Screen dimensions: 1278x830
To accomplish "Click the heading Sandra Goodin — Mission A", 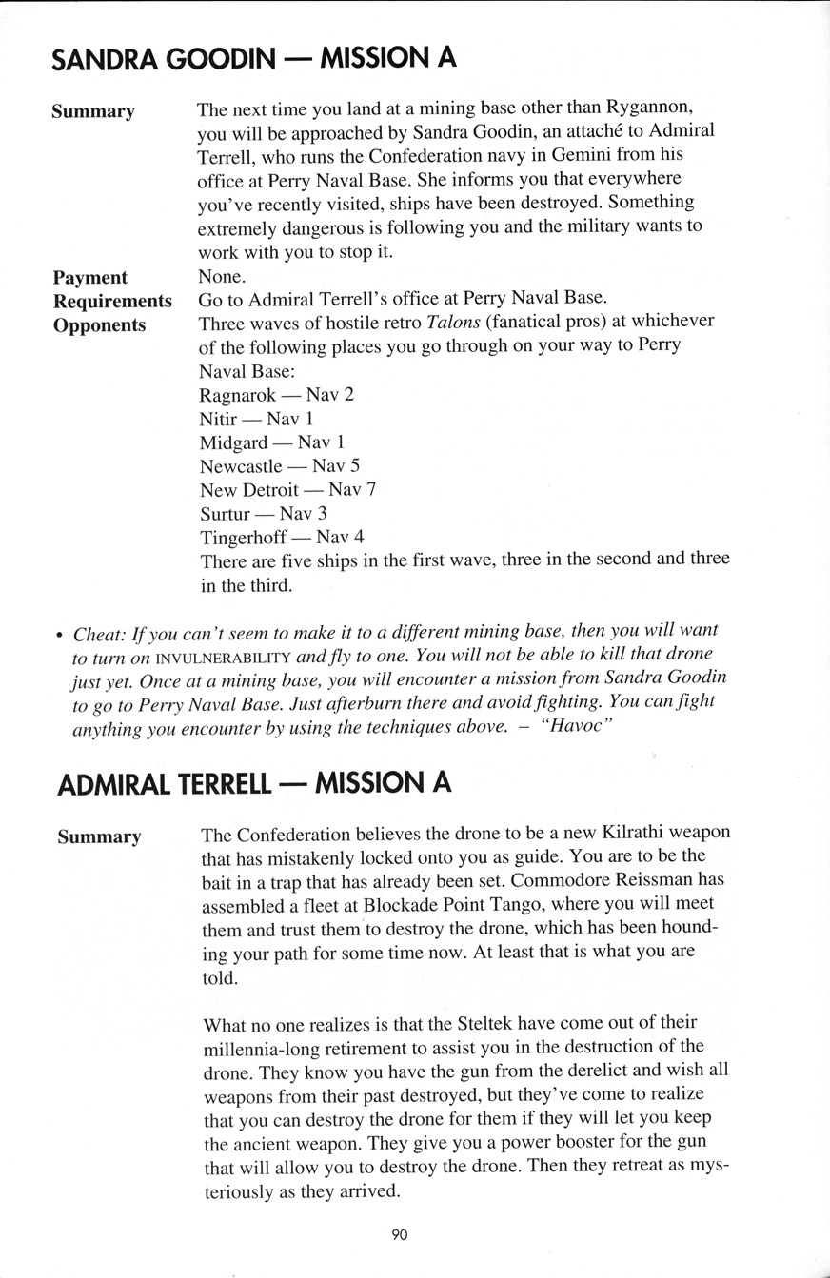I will click(253, 60).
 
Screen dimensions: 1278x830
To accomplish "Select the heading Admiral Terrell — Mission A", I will click(254, 783).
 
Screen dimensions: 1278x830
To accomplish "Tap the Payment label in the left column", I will click(90, 277).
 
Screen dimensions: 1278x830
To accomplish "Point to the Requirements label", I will click(112, 301).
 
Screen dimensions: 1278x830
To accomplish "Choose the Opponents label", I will click(100, 324).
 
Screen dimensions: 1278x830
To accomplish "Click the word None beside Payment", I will click(220, 277).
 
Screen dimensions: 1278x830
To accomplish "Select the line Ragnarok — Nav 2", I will click(276, 394).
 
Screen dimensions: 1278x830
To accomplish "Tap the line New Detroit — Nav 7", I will click(287, 489).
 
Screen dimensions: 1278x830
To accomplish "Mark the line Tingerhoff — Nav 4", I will click(282, 537).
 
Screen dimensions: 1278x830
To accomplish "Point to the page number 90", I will click(399, 1234).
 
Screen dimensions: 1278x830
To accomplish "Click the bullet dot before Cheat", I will click(59, 633).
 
